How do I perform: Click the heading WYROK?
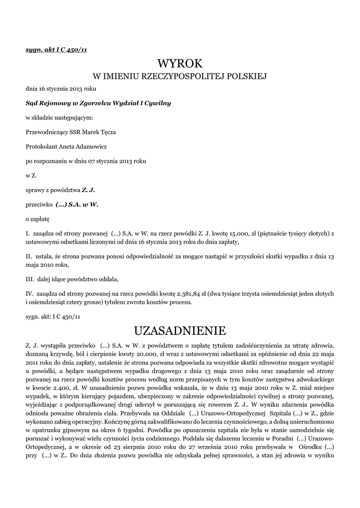coord(180,63)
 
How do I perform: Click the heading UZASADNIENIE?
coord(180,330)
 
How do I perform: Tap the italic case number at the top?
coord(57,50)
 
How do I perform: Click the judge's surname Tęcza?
coord(108,132)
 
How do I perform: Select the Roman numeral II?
coord(28,256)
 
